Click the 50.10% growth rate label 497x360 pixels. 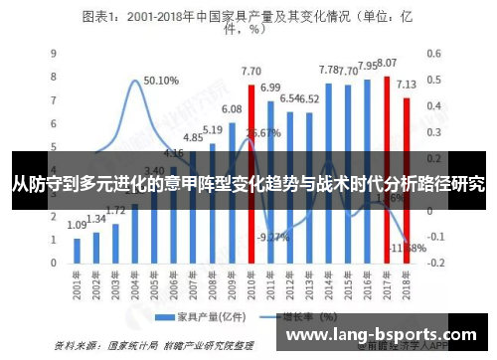coord(161,81)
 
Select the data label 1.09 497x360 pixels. coord(78,226)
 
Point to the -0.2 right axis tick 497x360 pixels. coord(434,264)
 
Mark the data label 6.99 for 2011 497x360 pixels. coord(270,88)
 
